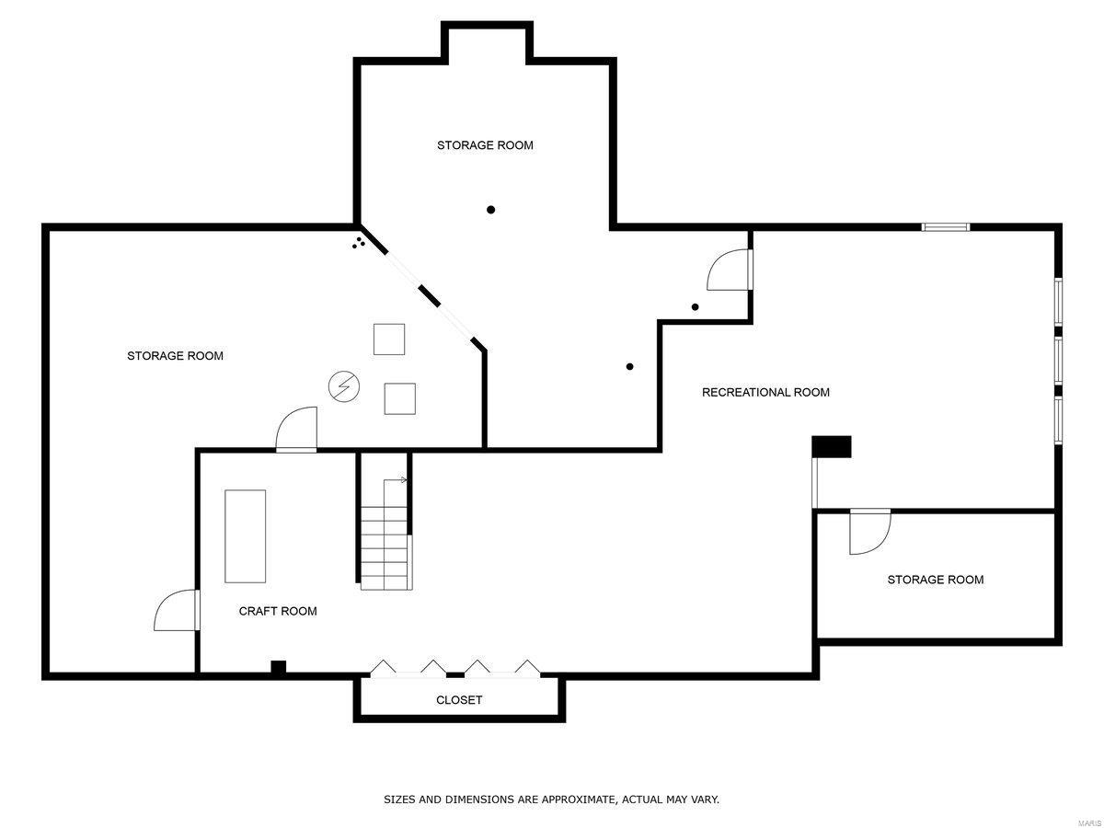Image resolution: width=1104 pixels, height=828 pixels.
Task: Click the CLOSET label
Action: (458, 700)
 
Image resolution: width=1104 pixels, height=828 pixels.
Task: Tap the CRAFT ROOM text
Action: (278, 611)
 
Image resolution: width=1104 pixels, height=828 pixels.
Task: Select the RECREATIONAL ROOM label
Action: (765, 393)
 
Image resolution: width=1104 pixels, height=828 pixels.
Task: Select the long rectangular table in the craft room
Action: (246, 535)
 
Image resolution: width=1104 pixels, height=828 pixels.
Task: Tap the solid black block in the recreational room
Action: (832, 446)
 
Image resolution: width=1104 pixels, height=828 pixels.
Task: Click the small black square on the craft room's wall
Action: (278, 668)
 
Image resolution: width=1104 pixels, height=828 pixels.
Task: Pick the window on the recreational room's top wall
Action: (946, 226)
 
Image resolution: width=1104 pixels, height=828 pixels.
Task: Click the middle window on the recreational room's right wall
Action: (1058, 360)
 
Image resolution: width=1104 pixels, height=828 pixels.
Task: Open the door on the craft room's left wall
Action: (177, 611)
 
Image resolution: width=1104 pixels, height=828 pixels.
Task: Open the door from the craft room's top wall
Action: (296, 431)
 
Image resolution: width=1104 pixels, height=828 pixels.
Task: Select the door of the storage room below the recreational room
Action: (870, 532)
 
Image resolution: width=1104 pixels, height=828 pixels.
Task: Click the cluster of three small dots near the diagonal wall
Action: (358, 243)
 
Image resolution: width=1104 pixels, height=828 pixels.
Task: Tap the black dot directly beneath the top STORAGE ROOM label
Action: (491, 210)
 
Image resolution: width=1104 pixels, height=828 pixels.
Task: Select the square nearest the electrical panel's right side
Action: (399, 398)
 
